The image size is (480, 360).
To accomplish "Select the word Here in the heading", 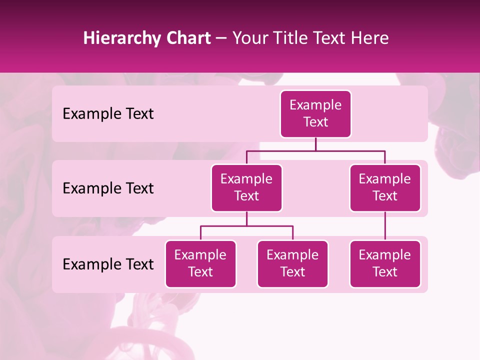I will pyautogui.click(x=369, y=38).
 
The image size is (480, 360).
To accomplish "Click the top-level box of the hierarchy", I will pyautogui.click(x=315, y=114).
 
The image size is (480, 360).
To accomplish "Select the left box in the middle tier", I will pyautogui.click(x=246, y=188).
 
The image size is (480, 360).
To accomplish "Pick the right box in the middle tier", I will pyautogui.click(x=385, y=188).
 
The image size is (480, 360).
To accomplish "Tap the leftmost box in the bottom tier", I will pyautogui.click(x=200, y=264).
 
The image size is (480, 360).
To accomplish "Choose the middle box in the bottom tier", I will pyautogui.click(x=292, y=264).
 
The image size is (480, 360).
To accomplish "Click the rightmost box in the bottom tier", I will pyautogui.click(x=385, y=264).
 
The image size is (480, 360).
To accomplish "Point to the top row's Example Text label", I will pyautogui.click(x=108, y=114).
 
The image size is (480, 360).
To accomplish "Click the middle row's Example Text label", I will pyautogui.click(x=108, y=188).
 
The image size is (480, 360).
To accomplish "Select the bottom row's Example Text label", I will pyautogui.click(x=108, y=264).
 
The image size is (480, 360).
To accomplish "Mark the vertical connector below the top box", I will pyautogui.click(x=315, y=144).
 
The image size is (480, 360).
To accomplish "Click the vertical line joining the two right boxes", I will pyautogui.click(x=385, y=226).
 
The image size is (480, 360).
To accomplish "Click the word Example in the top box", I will pyautogui.click(x=315, y=105).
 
